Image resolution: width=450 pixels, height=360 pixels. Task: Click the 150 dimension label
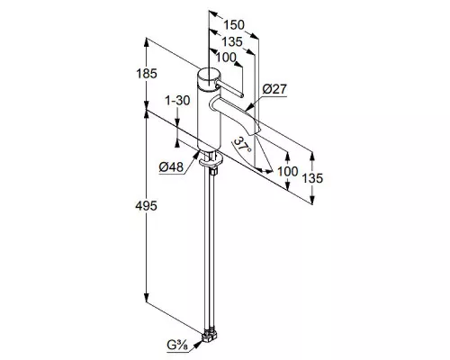pyautogui.click(x=234, y=25)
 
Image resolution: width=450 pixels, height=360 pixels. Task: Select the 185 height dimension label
pyautogui.click(x=147, y=74)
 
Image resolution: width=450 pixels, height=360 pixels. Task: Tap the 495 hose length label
pyautogui.click(x=146, y=206)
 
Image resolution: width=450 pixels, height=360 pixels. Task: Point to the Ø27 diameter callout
pyautogui.click(x=274, y=89)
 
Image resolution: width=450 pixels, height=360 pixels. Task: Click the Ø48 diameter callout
pyautogui.click(x=171, y=166)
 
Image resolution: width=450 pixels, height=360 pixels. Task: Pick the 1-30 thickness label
pyautogui.click(x=178, y=101)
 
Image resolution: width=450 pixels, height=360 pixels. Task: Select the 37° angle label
pyautogui.click(x=242, y=145)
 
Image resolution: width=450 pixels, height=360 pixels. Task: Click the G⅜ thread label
pyautogui.click(x=177, y=345)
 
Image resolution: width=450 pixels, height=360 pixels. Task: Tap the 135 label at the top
pyautogui.click(x=232, y=41)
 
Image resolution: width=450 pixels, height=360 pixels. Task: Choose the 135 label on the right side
pyautogui.click(x=312, y=178)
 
